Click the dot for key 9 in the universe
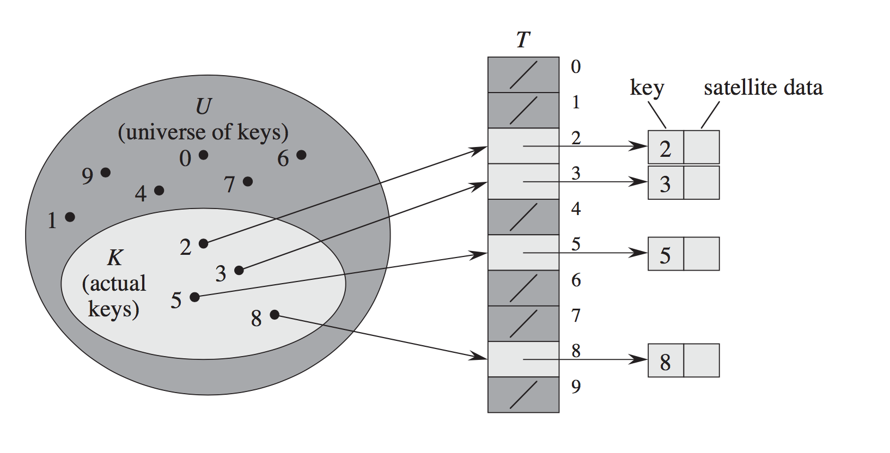point(105,173)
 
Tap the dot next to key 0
point(203,155)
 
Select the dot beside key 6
point(302,155)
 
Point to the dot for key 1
point(70,217)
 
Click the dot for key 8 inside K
point(275,315)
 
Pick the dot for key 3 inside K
point(239,271)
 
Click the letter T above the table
point(523,40)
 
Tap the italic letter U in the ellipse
point(203,106)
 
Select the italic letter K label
point(115,258)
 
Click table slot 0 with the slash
point(523,75)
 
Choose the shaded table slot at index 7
point(523,323)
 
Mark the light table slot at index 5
point(523,253)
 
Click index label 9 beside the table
point(576,387)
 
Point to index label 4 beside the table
point(576,209)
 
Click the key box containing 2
point(666,148)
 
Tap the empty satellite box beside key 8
point(702,360)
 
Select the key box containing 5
point(666,254)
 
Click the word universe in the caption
point(163,133)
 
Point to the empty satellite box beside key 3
point(702,182)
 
